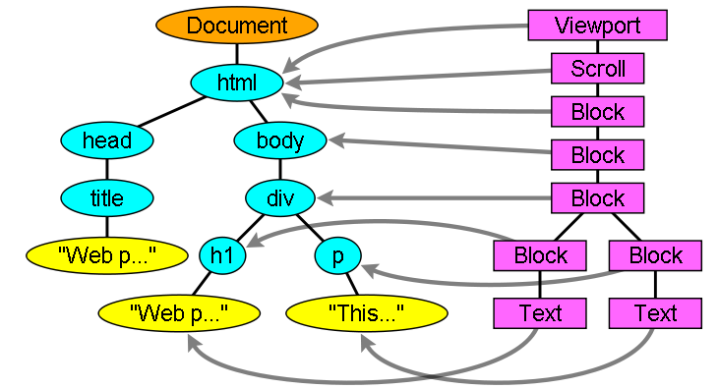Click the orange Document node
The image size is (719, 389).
[x=236, y=26]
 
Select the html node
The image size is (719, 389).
[x=236, y=83]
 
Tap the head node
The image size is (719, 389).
[x=106, y=140]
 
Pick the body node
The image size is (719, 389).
[x=279, y=140]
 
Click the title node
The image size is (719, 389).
[x=106, y=198]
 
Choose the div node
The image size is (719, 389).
[x=279, y=198]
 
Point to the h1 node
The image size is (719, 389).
[x=221, y=256]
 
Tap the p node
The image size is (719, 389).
[x=337, y=256]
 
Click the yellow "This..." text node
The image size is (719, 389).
[x=367, y=314]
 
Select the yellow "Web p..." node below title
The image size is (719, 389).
[x=106, y=256]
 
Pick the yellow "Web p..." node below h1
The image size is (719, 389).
[x=178, y=314]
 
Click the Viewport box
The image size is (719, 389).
[x=598, y=26]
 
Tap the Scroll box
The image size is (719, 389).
[x=598, y=69]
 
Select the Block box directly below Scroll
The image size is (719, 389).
[x=598, y=112]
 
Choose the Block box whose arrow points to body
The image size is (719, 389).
[x=598, y=155]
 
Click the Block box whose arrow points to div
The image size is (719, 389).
[x=598, y=198]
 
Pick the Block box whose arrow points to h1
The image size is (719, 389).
[x=540, y=256]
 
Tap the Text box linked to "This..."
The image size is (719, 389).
[x=655, y=313]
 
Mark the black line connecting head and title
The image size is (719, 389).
[x=106, y=169]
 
